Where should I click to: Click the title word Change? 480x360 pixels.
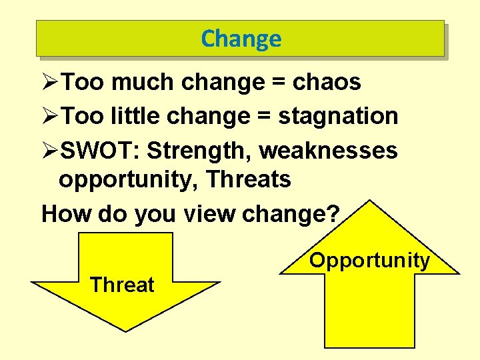tap(241, 39)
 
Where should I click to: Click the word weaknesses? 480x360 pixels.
tap(328, 151)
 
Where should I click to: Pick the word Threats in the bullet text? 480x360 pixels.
tap(249, 179)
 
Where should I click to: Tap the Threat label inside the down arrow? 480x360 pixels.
tap(122, 285)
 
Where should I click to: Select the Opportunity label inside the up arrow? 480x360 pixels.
tap(369, 260)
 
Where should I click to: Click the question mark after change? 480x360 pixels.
tap(333, 214)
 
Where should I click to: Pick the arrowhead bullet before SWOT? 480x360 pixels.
tap(50, 151)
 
